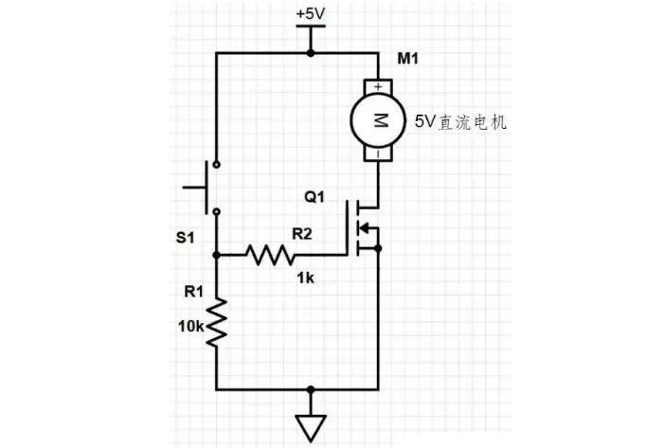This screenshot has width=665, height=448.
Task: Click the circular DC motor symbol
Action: click(379, 120)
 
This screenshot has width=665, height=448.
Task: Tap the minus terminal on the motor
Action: click(379, 152)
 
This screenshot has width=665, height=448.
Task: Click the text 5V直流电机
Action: click(461, 121)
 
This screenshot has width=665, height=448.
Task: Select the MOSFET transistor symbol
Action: click(362, 227)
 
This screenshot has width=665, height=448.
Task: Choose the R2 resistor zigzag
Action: click(272, 255)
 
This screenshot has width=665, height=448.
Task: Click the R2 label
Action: click(302, 231)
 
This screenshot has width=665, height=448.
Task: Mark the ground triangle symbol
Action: click(310, 428)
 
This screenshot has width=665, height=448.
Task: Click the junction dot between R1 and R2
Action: click(217, 255)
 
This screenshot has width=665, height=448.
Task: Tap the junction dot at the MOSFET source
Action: click(379, 249)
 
